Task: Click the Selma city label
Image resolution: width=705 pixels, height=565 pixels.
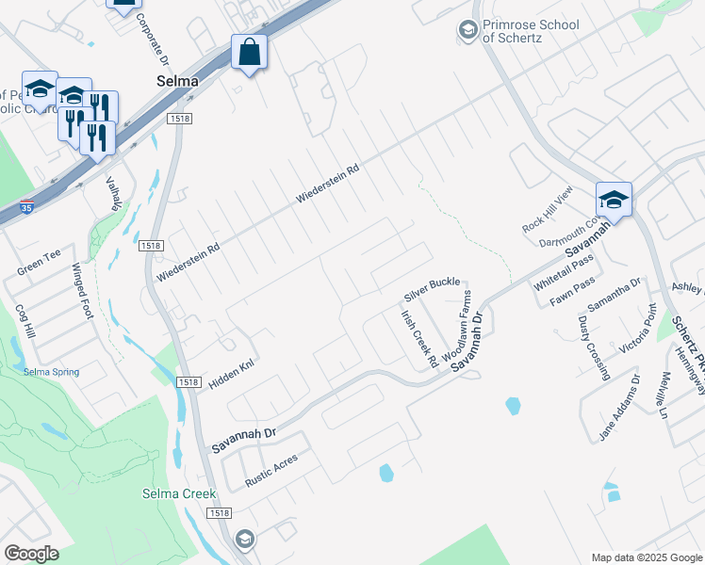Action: [x=177, y=82]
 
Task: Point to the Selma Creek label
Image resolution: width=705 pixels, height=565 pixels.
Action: [x=179, y=493]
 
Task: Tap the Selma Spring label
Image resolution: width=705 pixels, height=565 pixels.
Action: [x=52, y=372]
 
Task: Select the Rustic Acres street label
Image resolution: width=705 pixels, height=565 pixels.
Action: [x=271, y=470]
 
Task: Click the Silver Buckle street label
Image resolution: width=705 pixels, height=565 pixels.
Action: [x=432, y=283]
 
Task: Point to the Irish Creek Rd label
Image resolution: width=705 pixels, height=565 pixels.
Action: [x=419, y=338]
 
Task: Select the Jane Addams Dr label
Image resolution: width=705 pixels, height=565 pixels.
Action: [x=618, y=408]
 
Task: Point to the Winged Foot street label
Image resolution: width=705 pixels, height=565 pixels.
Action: [x=85, y=292]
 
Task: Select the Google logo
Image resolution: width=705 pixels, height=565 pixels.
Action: [x=31, y=554]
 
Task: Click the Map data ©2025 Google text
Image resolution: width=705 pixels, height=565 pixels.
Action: [x=646, y=557]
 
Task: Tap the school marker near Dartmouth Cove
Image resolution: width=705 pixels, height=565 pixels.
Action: [x=613, y=200]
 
